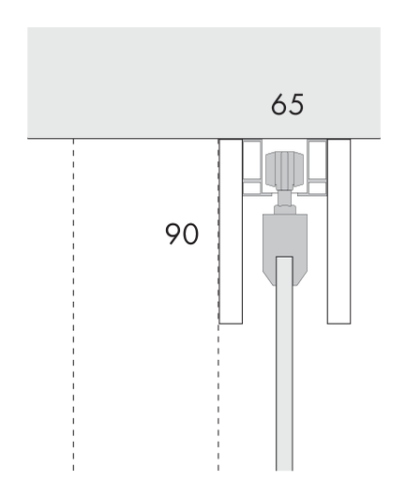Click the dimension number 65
click(x=287, y=104)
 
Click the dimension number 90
click(x=182, y=233)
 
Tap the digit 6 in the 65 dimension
click(x=278, y=104)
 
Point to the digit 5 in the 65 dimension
click(x=296, y=104)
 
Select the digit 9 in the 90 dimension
click(x=173, y=233)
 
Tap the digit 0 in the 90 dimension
click(x=190, y=233)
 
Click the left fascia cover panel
click(x=231, y=232)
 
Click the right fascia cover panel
click(x=338, y=232)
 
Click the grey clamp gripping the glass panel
click(x=285, y=249)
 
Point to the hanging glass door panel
click(x=284, y=364)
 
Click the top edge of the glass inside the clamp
click(x=284, y=257)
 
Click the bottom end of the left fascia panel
click(x=231, y=324)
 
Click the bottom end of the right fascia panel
click(x=338, y=324)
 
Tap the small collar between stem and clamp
click(x=285, y=209)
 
